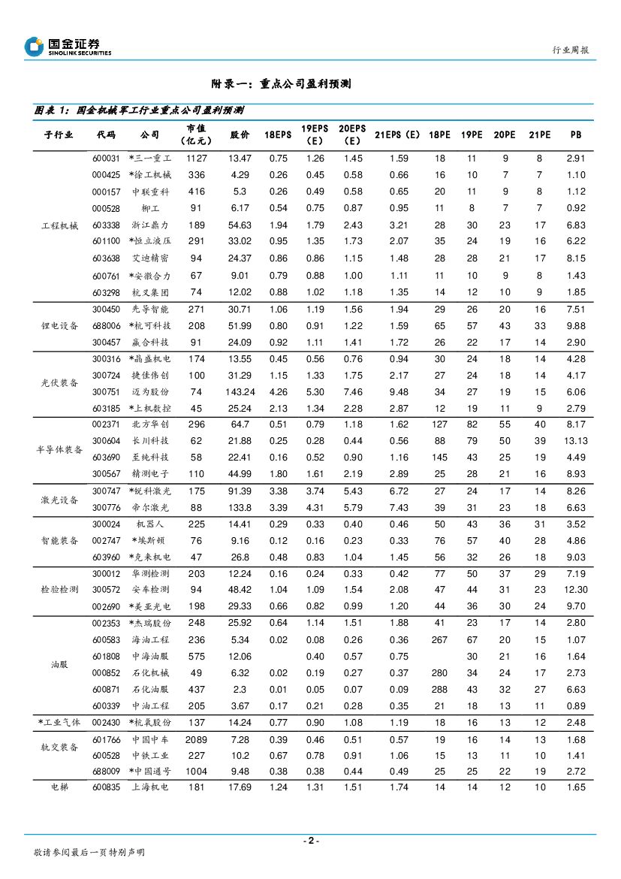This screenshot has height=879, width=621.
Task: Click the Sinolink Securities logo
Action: tap(68, 47)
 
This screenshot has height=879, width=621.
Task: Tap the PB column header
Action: tap(576, 135)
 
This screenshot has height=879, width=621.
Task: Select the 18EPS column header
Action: tap(278, 135)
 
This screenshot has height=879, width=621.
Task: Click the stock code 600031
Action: tap(106, 159)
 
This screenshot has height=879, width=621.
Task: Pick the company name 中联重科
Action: tap(150, 192)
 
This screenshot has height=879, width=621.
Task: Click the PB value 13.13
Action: tap(576, 441)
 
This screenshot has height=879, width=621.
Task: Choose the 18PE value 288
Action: tap(439, 690)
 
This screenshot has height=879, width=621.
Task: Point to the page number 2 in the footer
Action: tap(310, 841)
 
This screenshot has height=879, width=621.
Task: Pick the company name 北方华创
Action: tap(150, 424)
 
